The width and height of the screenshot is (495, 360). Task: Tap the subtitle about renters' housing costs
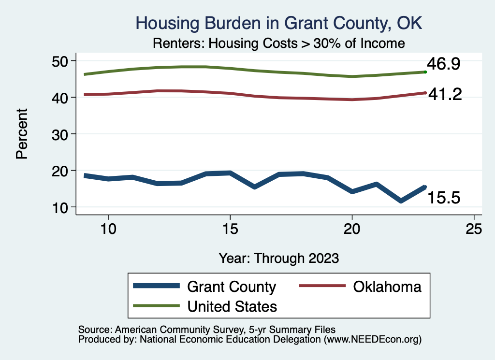point(278,43)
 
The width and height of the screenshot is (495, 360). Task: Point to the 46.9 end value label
point(442,64)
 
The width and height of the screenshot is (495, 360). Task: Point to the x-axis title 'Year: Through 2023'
point(278,258)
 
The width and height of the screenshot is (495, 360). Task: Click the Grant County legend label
point(231,287)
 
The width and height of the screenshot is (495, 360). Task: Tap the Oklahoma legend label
point(387,287)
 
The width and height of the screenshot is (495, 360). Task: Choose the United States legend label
point(232,306)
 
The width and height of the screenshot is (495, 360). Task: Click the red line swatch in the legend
point(322,287)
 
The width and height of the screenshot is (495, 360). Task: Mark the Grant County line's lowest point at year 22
point(401,201)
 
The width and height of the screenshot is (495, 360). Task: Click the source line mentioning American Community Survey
point(207,330)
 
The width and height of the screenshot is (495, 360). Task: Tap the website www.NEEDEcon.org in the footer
point(373,340)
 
